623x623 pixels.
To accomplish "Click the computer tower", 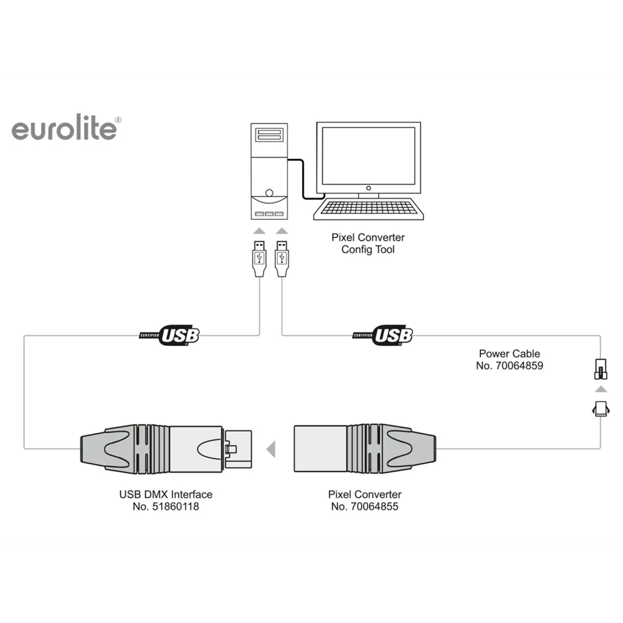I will pos(269,171).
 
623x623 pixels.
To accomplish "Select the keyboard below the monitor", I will pos(368,209).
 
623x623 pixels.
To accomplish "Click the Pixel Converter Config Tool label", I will pos(368,244).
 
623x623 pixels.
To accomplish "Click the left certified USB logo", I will pos(170,335).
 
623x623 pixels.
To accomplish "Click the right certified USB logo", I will pos(384,335).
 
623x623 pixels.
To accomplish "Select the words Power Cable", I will pos(509,354).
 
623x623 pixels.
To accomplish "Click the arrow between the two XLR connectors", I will pos(270,448).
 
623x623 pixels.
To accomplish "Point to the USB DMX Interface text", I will pos(166,495).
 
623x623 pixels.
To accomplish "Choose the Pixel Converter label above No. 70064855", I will pos(365,495).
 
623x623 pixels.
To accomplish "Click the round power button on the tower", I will pos(269,193).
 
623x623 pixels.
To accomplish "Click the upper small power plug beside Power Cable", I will pos(600,369).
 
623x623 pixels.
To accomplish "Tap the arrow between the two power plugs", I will pos(600,389).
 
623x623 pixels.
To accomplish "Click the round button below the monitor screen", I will pos(368,188).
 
